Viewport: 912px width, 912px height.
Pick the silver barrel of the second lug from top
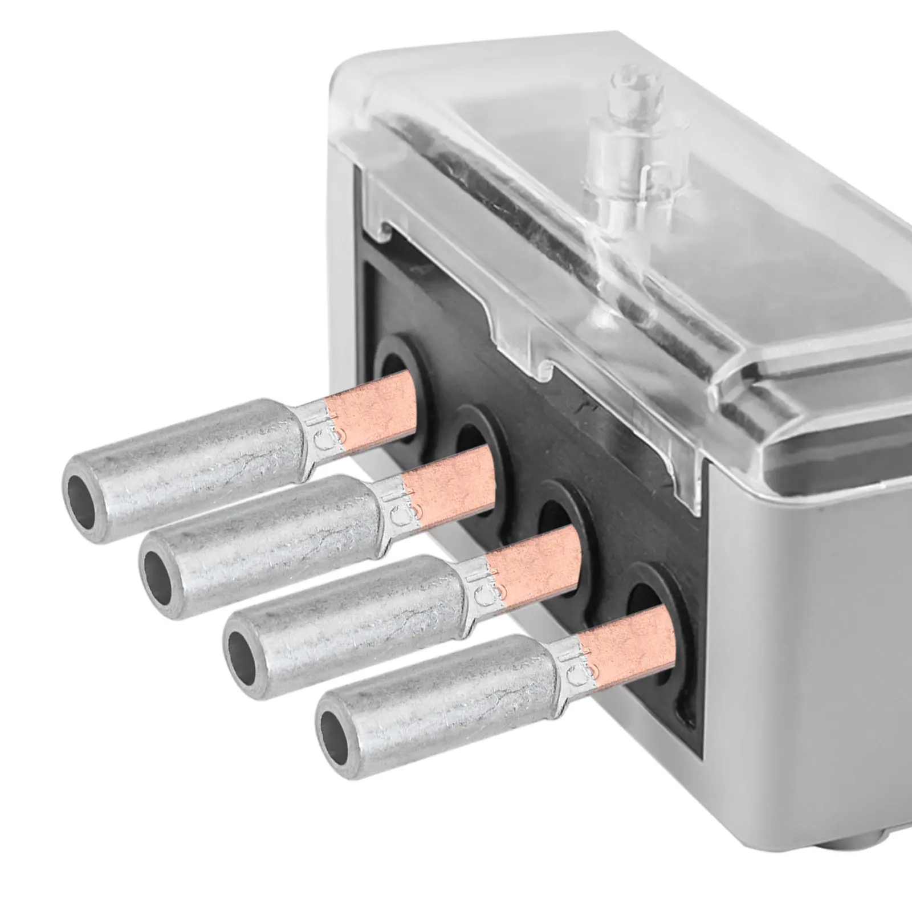pyautogui.click(x=274, y=541)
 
